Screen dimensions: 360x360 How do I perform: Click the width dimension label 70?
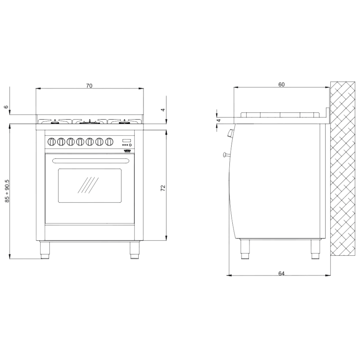click(x=89, y=86)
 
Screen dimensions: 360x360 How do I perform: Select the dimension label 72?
click(x=163, y=188)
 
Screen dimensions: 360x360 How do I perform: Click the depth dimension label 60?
click(x=281, y=85)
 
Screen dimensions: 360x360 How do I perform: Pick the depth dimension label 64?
click(x=281, y=273)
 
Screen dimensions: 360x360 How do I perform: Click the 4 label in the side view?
click(x=219, y=120)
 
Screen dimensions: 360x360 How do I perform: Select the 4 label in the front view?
click(x=163, y=109)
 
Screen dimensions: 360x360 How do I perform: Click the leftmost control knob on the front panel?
click(x=51, y=142)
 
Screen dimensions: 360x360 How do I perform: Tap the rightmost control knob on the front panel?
click(x=109, y=142)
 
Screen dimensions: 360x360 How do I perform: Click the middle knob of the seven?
click(x=80, y=142)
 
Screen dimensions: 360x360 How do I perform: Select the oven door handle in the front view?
click(x=90, y=161)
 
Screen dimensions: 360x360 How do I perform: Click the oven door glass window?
click(x=90, y=185)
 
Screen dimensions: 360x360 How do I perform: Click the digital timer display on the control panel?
click(x=127, y=140)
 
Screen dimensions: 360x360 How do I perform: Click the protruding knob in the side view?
click(x=229, y=134)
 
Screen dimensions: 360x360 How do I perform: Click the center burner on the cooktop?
click(x=89, y=122)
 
